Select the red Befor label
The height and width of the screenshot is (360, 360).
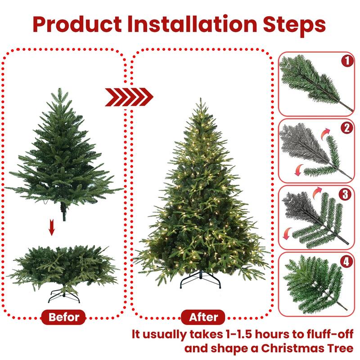(63, 317)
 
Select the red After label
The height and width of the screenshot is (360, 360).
(203, 317)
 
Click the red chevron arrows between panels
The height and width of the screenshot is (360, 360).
(129, 96)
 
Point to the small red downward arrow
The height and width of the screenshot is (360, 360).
(52, 229)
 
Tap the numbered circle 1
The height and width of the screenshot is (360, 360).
(346, 61)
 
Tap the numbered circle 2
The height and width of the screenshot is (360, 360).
(346, 128)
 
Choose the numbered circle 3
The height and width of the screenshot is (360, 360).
(346, 194)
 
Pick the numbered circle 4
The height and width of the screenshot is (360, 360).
(346, 261)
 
